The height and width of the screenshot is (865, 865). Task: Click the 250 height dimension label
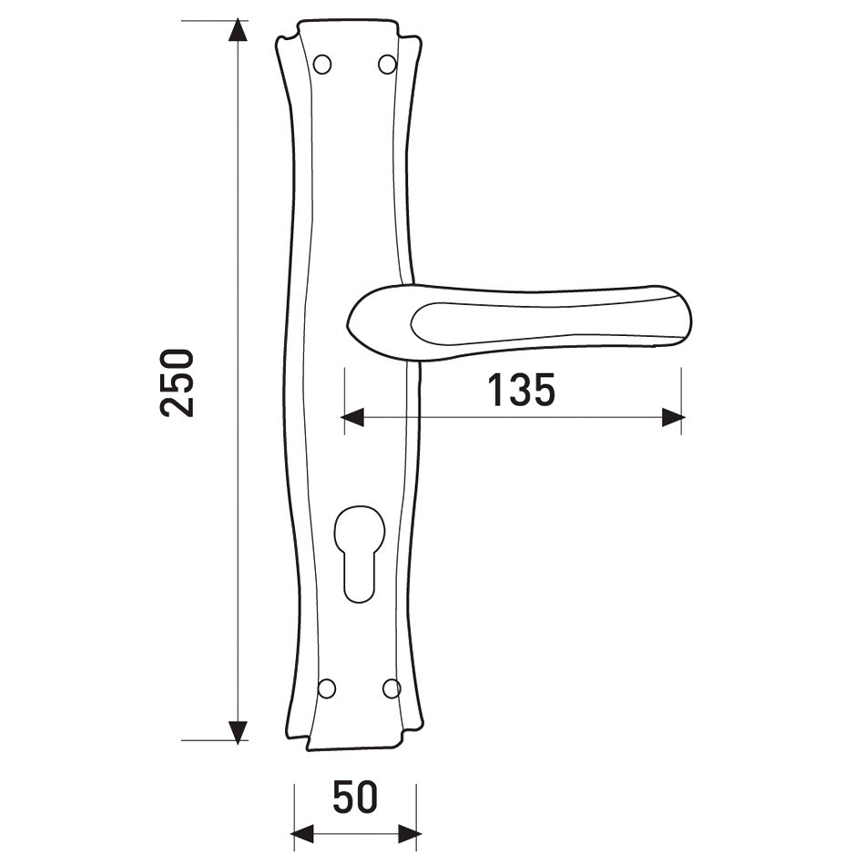click(x=177, y=382)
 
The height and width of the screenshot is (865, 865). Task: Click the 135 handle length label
click(x=522, y=390)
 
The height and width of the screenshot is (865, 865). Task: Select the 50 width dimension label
click(x=356, y=797)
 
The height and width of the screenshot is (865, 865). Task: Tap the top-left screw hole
click(x=322, y=64)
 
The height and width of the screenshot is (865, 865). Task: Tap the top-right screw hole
click(x=387, y=64)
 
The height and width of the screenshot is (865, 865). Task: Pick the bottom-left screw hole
click(x=327, y=688)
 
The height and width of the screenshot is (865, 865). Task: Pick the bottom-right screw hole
click(x=392, y=688)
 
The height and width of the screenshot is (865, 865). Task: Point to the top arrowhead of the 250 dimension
click(x=238, y=29)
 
